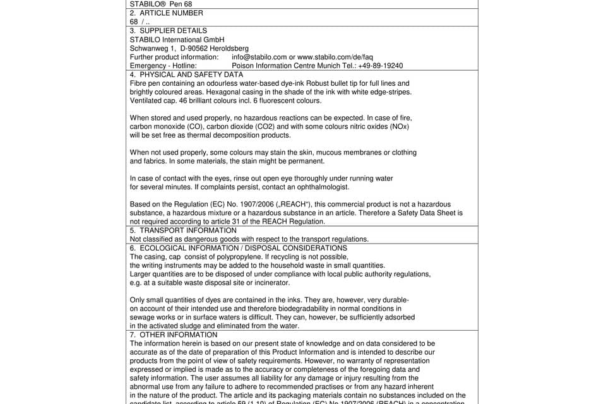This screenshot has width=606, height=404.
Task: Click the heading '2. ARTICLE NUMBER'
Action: click(167, 13)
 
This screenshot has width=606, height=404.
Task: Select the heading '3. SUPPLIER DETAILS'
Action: click(169, 30)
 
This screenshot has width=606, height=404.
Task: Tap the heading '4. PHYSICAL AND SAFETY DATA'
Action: click(186, 74)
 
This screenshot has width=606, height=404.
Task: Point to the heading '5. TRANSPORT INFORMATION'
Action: click(183, 230)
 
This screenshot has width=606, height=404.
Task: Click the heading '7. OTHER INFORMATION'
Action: click(174, 335)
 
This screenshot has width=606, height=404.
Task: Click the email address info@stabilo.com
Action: click(259, 57)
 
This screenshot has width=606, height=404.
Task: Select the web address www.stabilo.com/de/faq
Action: click(335, 57)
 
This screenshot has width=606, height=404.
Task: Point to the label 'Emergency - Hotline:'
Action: click(163, 66)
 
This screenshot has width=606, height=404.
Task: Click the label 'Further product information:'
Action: click(174, 57)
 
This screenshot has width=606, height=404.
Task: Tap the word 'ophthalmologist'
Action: click(321, 187)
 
